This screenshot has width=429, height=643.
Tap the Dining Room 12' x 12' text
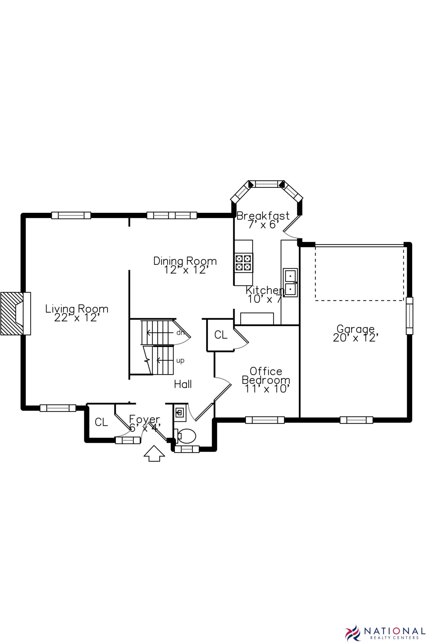pos(185,265)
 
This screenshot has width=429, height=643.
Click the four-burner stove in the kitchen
pos(243,263)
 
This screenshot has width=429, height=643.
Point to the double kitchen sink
pos(290,282)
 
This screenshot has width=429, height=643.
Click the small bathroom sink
pos(180,412)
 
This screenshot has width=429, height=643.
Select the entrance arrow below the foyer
pos(154,454)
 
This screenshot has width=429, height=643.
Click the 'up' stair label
pos(180,360)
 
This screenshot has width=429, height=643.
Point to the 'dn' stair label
pos(180,333)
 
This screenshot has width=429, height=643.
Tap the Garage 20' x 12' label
pos(355,333)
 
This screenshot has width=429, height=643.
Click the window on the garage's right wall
pos(409,316)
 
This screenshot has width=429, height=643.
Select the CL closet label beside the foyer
pos(101,422)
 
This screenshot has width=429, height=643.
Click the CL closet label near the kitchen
pos(221,335)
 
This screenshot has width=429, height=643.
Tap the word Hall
pos(183,384)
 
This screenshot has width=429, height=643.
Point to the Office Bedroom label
pos(266,380)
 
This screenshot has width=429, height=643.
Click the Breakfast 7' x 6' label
pos(263,220)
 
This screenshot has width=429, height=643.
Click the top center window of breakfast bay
pos(266,184)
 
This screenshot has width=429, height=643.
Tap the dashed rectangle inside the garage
pos(359,273)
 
